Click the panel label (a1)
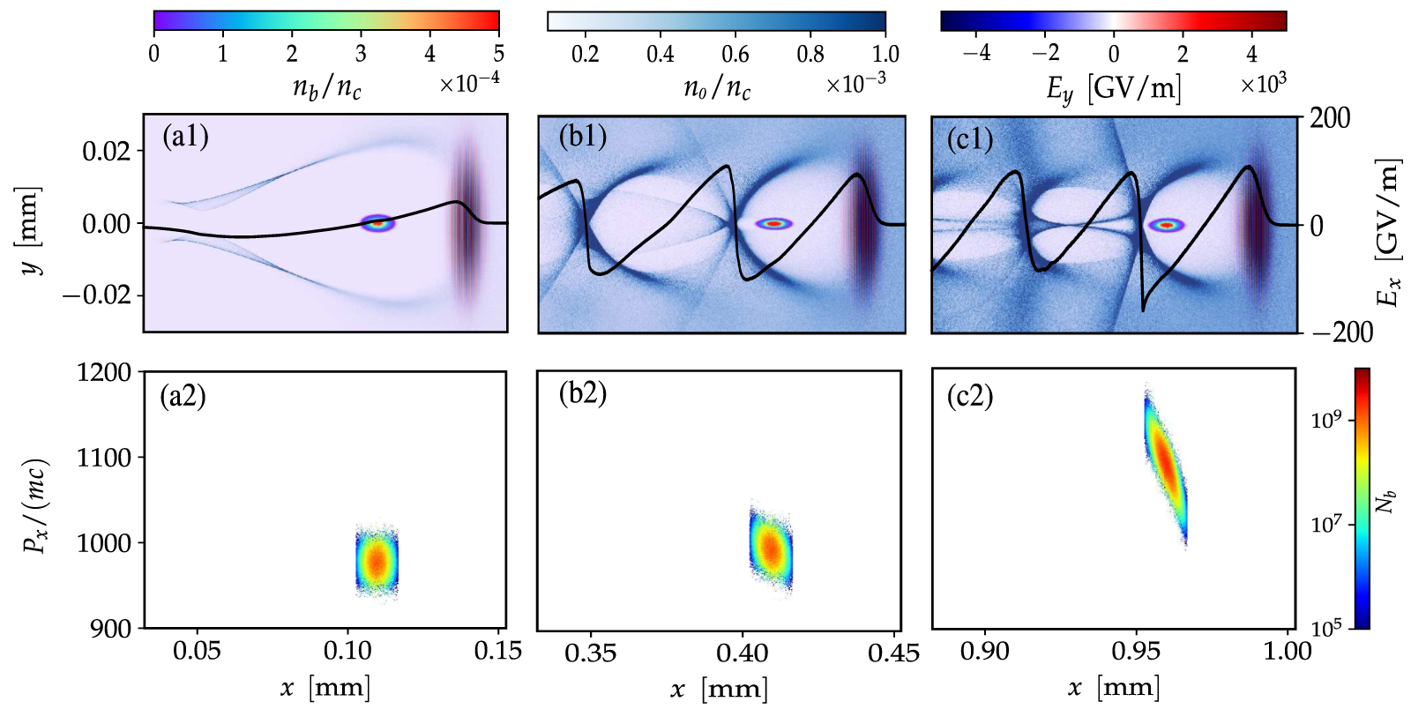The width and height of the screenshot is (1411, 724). point(185,137)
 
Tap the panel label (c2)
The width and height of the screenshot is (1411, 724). point(970,396)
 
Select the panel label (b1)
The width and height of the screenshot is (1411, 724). point(582,138)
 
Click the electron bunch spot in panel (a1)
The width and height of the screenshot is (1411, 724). point(378,223)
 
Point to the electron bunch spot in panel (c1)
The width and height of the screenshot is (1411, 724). point(1167,225)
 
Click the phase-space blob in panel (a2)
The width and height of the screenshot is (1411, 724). point(377,561)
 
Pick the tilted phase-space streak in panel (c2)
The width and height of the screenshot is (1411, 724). point(1166,463)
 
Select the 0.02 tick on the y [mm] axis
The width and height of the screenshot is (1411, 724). point(107,151)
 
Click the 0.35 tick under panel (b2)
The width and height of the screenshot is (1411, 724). point(591,653)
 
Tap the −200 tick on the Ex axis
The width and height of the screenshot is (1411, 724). point(1340,332)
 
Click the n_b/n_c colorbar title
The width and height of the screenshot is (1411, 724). point(326,88)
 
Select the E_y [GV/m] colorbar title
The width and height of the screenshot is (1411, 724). point(1113,88)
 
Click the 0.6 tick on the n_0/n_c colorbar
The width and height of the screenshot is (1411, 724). point(735,55)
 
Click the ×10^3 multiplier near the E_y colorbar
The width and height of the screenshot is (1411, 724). point(1263,84)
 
